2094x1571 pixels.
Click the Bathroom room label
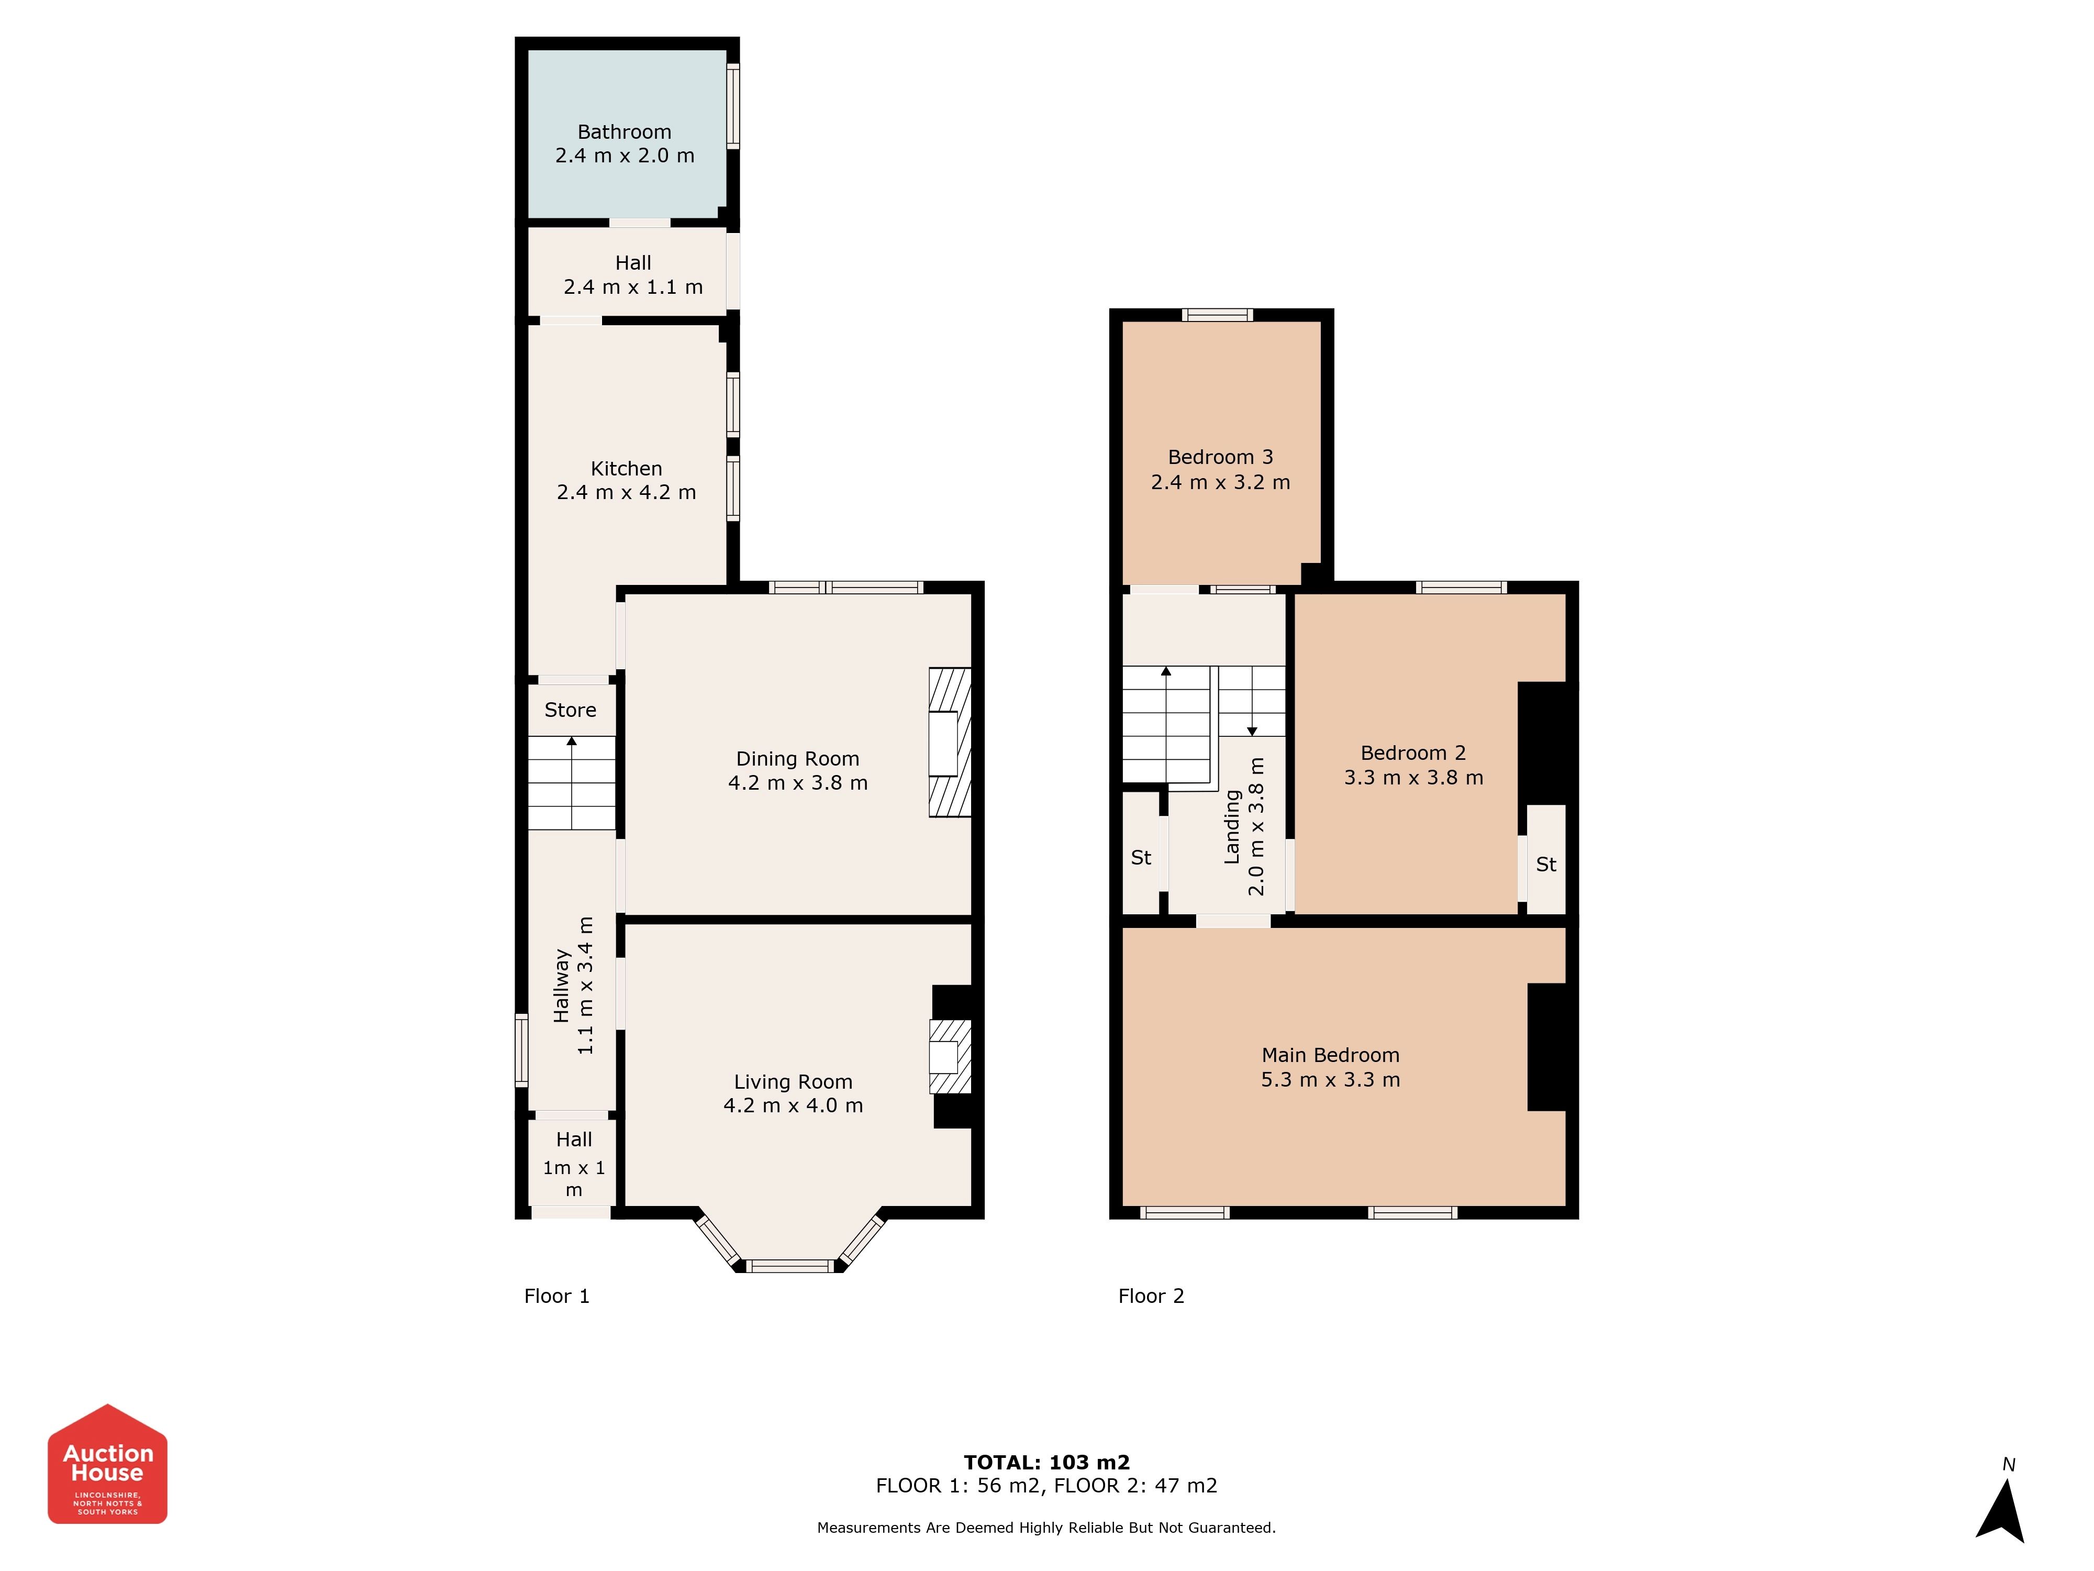(624, 131)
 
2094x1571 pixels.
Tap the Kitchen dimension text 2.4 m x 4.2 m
(627, 492)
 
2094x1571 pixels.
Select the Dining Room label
(798, 758)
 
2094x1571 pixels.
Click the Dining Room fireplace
(950, 743)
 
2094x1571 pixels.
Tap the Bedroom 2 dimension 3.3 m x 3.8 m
(1413, 778)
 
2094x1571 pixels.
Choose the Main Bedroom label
(1330, 1055)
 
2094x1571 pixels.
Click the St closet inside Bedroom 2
(1546, 860)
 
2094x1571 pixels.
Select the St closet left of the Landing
(1141, 852)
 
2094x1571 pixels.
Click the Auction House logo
(108, 1464)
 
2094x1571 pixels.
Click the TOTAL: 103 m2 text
(1047, 1462)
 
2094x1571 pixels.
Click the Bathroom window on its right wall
(733, 105)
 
